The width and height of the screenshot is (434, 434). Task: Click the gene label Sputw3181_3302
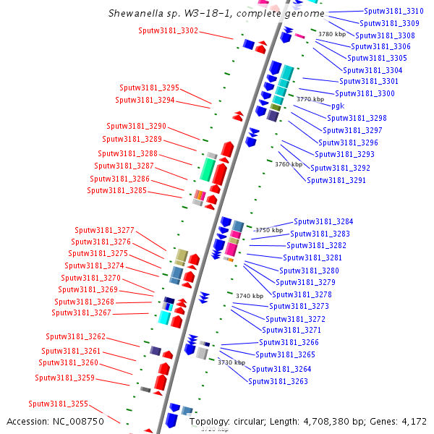(168, 30)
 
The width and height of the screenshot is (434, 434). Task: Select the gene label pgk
(338, 106)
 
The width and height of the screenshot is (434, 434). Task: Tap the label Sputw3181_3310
(393, 11)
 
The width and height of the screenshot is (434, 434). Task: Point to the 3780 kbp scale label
(332, 34)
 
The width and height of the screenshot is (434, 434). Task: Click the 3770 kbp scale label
(310, 99)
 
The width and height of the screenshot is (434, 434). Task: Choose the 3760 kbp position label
(289, 164)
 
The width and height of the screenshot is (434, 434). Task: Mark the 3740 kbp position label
(250, 296)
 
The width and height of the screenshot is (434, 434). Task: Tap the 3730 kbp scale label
(231, 362)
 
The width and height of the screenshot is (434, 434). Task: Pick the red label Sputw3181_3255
(58, 404)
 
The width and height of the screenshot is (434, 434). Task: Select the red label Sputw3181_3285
(116, 191)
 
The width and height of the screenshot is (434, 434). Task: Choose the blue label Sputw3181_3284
(323, 221)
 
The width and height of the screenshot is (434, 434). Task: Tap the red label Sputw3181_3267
(81, 312)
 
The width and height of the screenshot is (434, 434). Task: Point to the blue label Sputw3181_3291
(336, 180)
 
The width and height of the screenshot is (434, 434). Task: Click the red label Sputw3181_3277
(104, 230)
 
